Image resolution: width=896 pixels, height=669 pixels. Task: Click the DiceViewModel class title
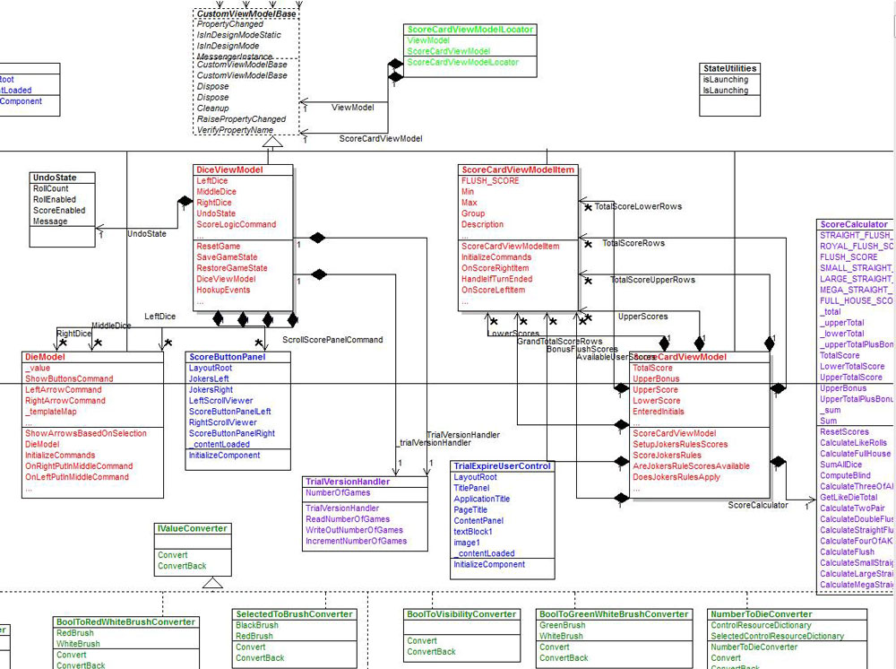229,169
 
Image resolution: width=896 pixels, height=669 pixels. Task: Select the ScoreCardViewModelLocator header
470,30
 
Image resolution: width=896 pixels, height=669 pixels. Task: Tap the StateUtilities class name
729,68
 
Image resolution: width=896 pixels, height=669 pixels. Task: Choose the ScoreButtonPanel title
227,357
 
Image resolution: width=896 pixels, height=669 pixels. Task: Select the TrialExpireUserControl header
502,466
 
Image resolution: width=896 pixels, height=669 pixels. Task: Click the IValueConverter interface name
191,529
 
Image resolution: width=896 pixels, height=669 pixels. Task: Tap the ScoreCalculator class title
854,224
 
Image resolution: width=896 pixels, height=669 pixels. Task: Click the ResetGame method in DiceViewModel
219,247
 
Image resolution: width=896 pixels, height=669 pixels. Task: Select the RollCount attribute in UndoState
50,189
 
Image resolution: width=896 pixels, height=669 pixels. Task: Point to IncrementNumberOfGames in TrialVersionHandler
356,541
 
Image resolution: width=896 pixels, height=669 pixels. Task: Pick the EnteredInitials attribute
659,412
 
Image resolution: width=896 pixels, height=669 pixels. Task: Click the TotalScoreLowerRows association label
638,206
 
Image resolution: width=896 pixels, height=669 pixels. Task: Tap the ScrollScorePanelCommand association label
332,340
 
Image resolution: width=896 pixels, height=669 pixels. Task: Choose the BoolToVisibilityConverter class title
461,614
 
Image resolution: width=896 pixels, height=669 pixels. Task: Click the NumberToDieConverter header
760,614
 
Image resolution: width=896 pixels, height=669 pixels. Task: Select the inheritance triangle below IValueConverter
212,583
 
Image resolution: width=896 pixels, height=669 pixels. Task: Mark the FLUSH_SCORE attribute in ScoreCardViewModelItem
490,181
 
